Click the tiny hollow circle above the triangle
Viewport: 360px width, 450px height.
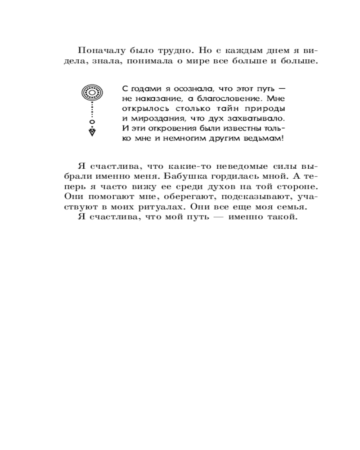92,122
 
